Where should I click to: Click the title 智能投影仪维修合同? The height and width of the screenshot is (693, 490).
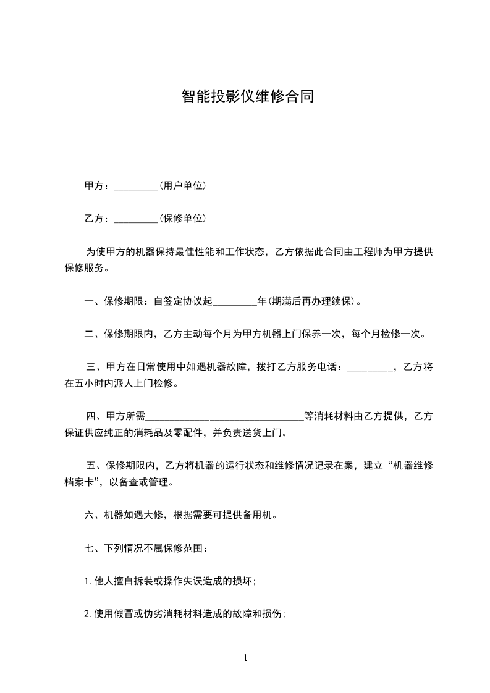[x=248, y=97]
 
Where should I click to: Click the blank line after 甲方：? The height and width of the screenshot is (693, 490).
[x=137, y=187]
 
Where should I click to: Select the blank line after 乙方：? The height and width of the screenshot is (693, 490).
[x=137, y=219]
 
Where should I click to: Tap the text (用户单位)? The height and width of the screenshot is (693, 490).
[x=182, y=185]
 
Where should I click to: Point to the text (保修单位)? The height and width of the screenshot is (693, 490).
[x=182, y=218]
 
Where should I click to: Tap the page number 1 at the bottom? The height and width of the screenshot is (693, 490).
[x=245, y=658]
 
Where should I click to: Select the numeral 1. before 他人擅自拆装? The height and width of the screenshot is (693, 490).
[x=88, y=581]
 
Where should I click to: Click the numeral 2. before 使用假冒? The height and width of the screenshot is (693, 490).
[x=88, y=614]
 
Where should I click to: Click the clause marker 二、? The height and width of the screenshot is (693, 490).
[x=93, y=335]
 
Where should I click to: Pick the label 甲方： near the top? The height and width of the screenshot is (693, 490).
[x=98, y=186]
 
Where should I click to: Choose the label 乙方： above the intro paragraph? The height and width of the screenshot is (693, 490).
[x=98, y=219]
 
